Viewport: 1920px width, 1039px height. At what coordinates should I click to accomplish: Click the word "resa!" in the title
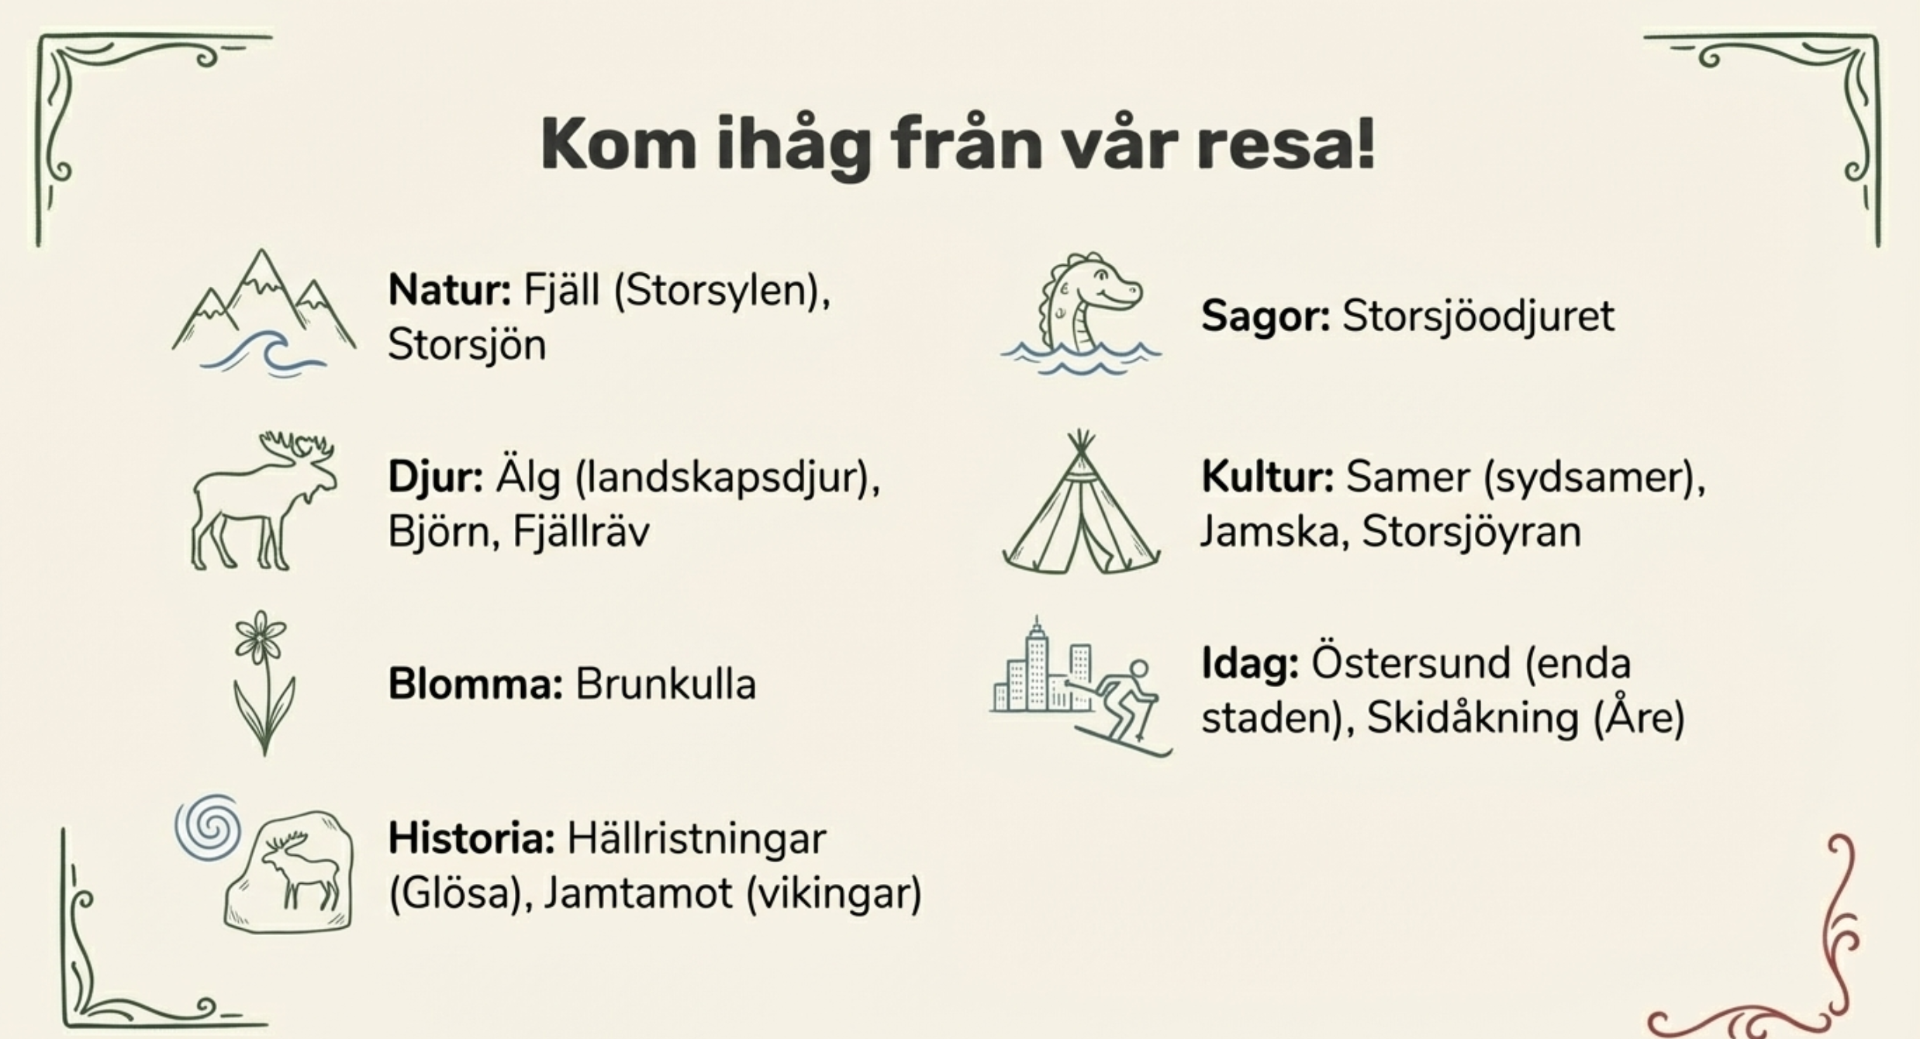click(x=1286, y=145)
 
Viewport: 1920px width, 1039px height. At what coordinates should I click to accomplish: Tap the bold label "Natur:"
click(x=450, y=290)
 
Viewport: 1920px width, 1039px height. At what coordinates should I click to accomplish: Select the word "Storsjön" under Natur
click(x=467, y=344)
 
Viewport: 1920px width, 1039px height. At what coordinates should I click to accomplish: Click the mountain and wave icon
click(x=264, y=312)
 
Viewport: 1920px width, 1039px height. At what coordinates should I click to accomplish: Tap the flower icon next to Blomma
click(x=264, y=682)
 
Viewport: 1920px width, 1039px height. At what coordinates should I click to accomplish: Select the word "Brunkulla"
click(x=665, y=684)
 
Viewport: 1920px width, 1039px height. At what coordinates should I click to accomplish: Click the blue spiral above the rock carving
click(x=207, y=827)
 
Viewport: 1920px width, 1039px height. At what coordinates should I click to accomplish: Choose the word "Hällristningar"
click(x=696, y=839)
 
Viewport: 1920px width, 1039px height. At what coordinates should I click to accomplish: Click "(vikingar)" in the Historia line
click(x=834, y=894)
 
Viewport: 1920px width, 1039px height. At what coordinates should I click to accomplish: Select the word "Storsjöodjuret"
click(x=1478, y=317)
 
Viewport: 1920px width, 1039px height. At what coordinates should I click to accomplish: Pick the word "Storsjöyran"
click(x=1471, y=532)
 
